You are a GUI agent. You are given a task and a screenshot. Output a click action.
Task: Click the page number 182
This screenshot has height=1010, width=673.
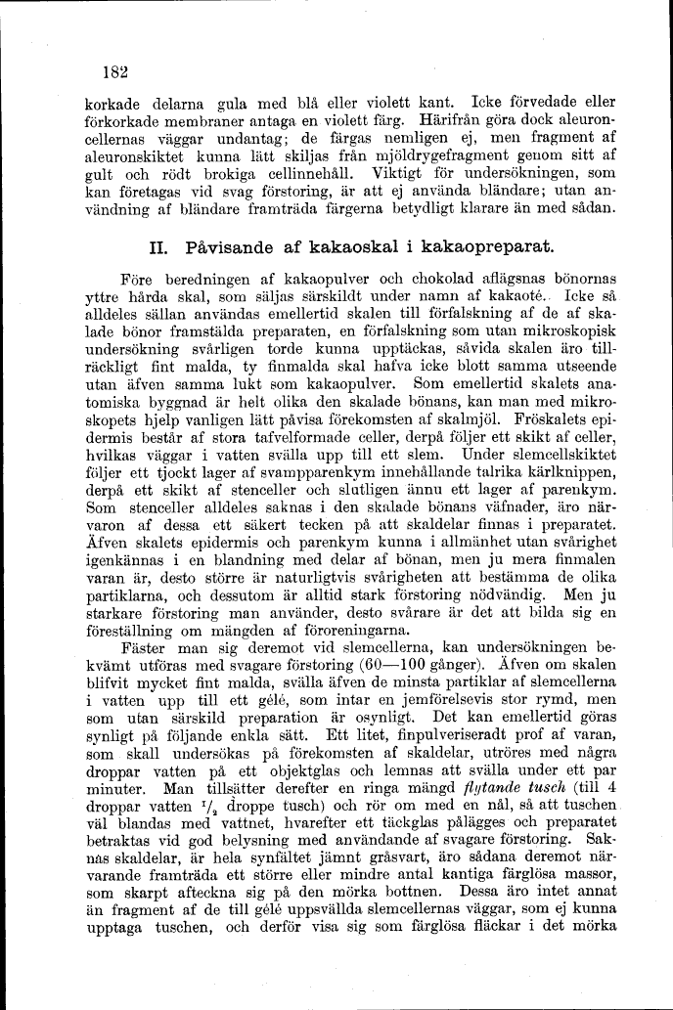[x=115, y=70]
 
